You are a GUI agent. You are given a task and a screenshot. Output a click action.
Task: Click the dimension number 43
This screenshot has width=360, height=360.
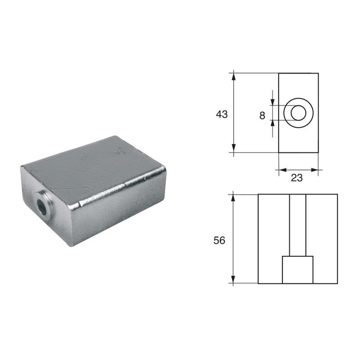coord(221,114)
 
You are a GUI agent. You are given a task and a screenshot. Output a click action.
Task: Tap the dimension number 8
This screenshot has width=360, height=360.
coord(262,116)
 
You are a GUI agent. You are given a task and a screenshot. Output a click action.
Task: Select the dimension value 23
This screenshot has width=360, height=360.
coord(297,178)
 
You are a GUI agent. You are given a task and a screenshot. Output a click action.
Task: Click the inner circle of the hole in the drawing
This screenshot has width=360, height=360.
coord(297,112)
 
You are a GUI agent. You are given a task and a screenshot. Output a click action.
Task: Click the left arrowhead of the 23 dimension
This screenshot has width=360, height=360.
coord(282,170)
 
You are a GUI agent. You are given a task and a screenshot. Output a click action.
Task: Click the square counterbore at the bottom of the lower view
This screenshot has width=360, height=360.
coord(297,270)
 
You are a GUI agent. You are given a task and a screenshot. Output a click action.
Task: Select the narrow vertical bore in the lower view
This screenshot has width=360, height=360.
coord(297,225)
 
